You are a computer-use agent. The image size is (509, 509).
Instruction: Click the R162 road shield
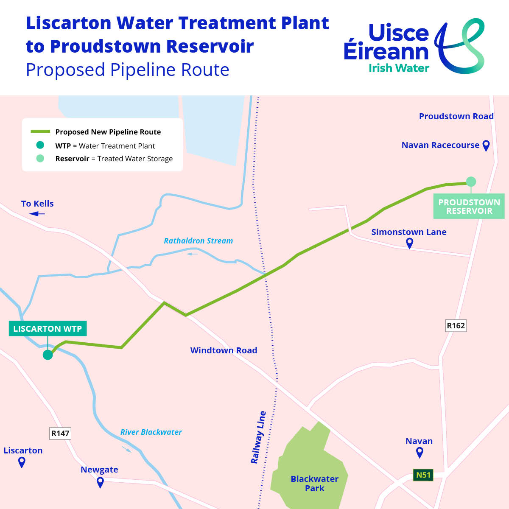[x=456, y=326]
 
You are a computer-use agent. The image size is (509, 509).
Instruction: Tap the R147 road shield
[x=60, y=433]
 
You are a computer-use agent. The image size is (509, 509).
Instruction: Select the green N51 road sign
[x=423, y=475]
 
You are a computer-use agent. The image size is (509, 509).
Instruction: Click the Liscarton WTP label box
[x=48, y=329]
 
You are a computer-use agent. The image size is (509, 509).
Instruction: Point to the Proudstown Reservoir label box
[x=469, y=207]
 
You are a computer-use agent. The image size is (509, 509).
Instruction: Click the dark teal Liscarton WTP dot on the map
[x=48, y=355]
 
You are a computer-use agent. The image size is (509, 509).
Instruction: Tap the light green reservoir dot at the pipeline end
[x=471, y=182]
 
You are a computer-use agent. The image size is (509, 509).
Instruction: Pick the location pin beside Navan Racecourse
[x=486, y=145]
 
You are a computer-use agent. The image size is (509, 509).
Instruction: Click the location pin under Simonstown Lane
[x=409, y=243]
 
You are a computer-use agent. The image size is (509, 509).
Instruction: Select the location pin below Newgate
[x=100, y=482]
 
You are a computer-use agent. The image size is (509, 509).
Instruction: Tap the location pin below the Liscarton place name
[x=22, y=462]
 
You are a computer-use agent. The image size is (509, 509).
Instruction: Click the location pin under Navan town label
[x=420, y=452]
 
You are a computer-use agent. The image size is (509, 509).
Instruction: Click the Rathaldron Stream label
[x=198, y=241]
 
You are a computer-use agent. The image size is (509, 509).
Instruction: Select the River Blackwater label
[x=151, y=432]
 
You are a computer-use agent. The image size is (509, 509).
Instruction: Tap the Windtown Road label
[x=224, y=350]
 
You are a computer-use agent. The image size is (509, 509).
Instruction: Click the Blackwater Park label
[x=314, y=484]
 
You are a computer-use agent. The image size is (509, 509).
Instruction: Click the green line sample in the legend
[x=40, y=132]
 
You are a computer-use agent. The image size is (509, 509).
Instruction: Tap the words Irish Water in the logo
[x=399, y=68]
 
